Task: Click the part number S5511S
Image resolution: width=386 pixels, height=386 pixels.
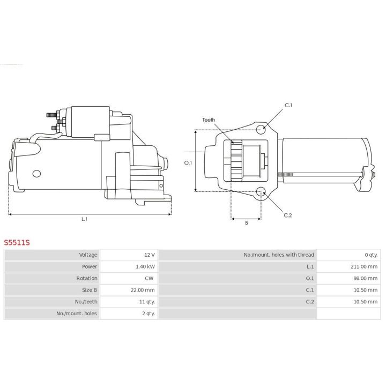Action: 17,242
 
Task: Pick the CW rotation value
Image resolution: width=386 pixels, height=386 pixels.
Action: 150,278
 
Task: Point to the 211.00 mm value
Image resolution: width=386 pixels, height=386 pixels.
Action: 364,266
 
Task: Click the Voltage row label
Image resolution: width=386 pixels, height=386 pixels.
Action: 88,255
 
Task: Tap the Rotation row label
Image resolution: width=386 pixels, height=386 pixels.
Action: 87,278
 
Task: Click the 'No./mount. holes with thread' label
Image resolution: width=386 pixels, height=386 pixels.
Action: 279,255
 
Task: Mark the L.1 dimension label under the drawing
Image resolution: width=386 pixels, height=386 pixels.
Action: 84,219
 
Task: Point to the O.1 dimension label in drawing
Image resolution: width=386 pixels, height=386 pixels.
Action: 188,162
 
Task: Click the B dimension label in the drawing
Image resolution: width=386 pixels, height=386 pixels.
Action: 246,222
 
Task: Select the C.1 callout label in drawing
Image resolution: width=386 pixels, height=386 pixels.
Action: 288,105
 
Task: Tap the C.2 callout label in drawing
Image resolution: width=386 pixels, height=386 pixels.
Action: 287,215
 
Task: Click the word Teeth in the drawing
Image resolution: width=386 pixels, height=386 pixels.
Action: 209,120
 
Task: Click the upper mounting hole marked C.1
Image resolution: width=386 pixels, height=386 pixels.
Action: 261,129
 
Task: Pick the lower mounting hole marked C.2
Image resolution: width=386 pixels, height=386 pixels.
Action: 261,192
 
